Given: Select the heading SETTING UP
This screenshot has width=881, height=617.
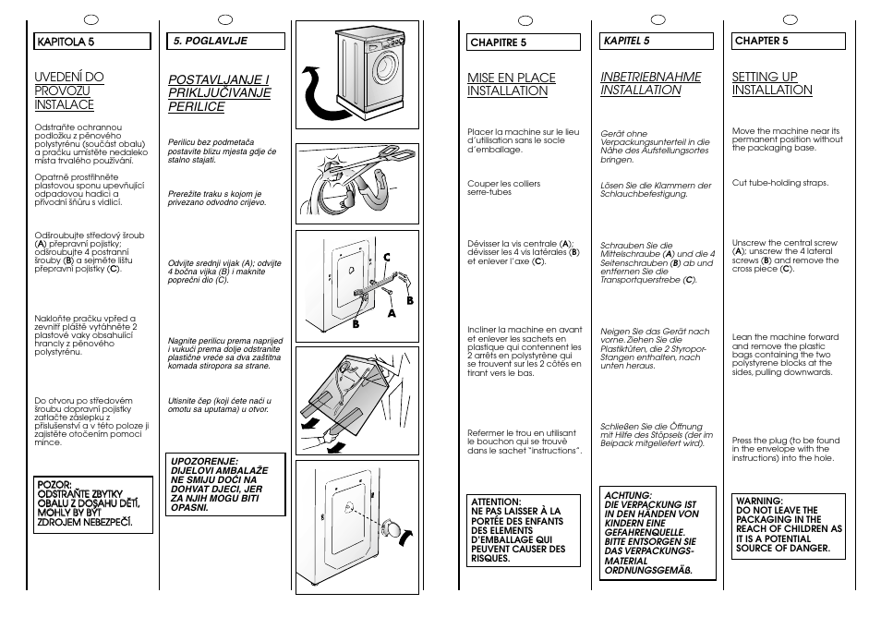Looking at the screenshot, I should coord(765,77).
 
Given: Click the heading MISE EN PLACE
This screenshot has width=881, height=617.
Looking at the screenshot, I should coord(512,78).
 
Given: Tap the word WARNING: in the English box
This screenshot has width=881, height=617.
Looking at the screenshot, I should coord(759,500).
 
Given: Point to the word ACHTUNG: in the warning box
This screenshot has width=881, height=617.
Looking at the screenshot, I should coord(627,495).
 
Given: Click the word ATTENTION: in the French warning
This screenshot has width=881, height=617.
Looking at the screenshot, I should coord(496,502).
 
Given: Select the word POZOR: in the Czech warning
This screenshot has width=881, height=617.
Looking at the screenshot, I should coord(54,483).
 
